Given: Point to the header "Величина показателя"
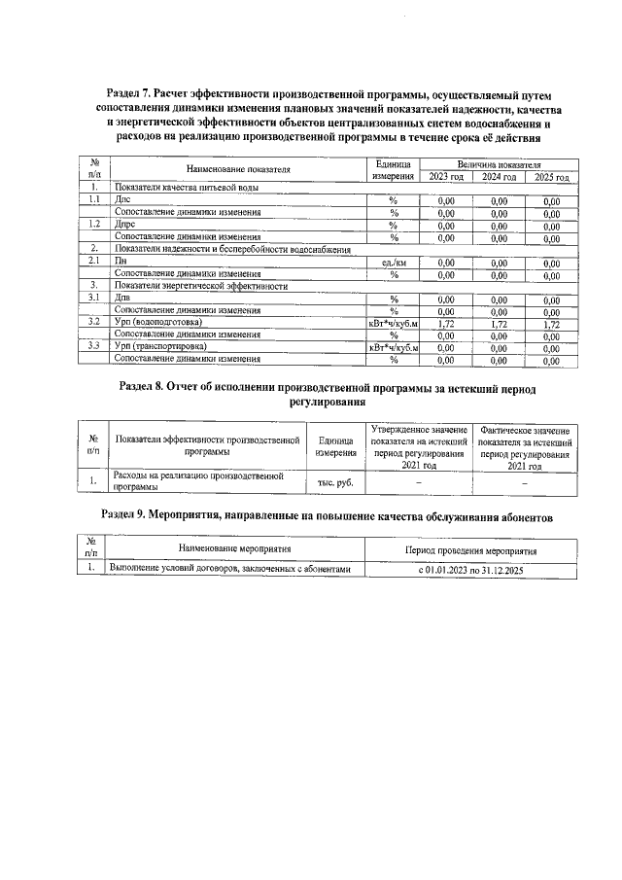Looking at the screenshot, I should [x=499, y=163].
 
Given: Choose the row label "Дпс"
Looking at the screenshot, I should [x=122, y=200].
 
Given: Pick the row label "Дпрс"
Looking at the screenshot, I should [x=125, y=225].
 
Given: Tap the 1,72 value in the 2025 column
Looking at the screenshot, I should [x=551, y=323].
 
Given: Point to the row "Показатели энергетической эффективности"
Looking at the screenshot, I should [x=201, y=286].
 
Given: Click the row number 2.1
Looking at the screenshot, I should [x=94, y=262].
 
